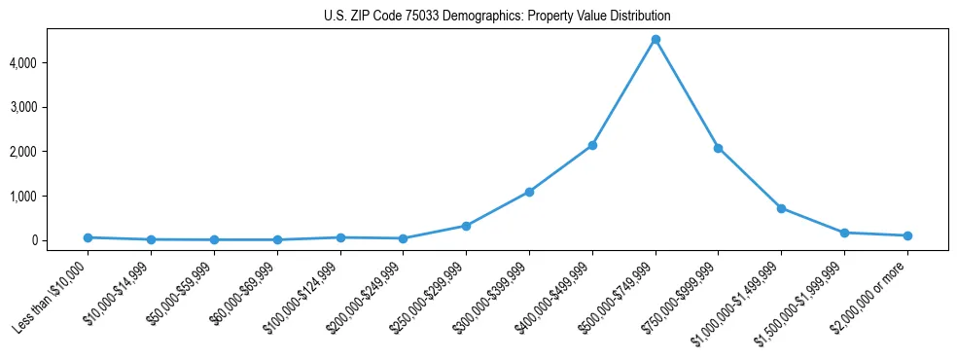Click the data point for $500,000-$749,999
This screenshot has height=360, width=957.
[x=656, y=40]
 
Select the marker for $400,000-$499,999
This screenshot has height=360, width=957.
[x=592, y=145]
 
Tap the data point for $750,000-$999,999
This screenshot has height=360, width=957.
[x=718, y=148]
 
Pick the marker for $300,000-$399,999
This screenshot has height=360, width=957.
[x=529, y=192]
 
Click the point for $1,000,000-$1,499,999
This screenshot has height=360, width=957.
[x=781, y=208]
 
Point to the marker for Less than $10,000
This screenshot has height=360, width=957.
[x=88, y=237]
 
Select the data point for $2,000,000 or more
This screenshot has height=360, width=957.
[x=907, y=235]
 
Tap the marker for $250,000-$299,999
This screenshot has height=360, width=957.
[x=466, y=226]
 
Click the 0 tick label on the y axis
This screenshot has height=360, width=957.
[x=61, y=240]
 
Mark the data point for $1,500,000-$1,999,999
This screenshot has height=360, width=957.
[x=844, y=233]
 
